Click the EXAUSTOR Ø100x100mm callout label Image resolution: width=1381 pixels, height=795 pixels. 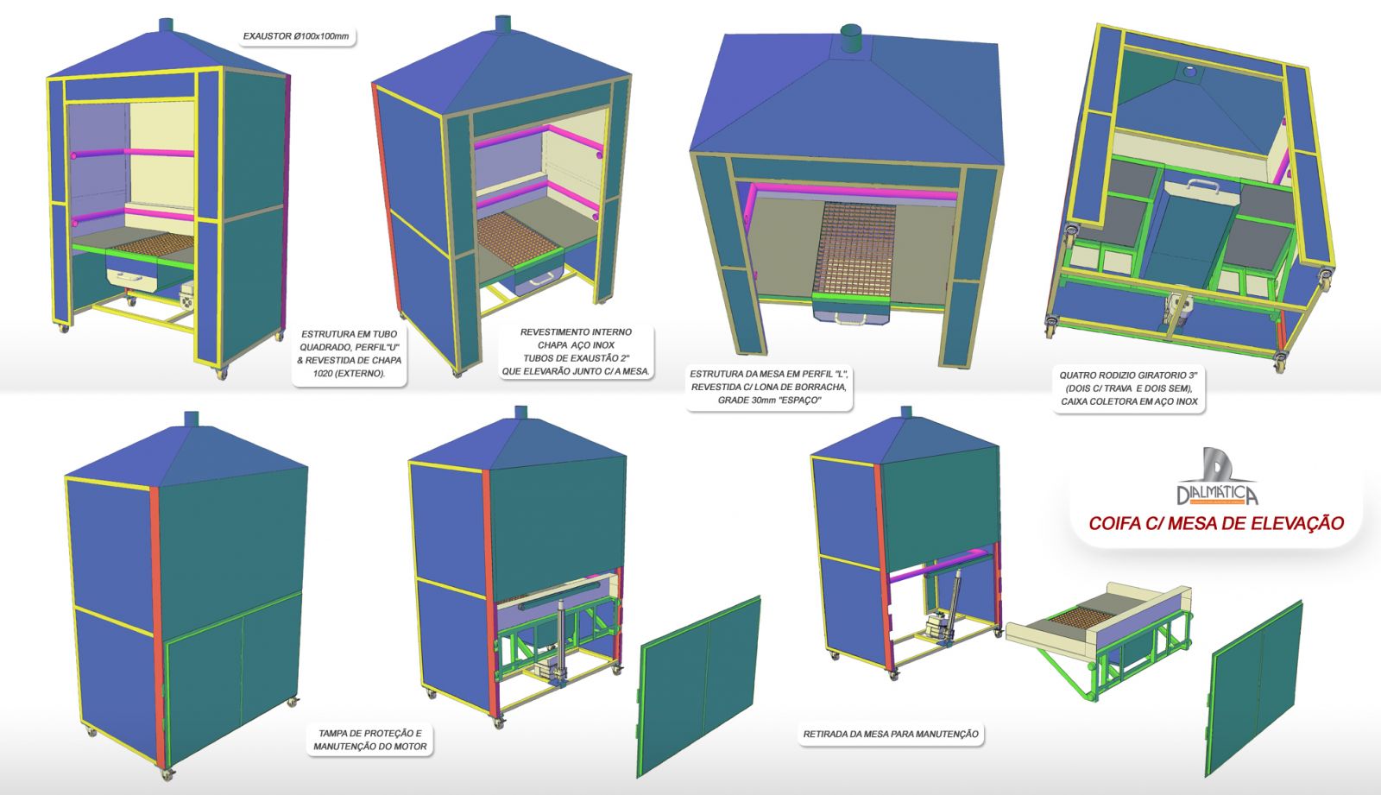click(296, 37)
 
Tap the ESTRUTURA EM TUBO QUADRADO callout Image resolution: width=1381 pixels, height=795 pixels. click(349, 353)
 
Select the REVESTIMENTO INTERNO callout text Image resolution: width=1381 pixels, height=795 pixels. click(576, 351)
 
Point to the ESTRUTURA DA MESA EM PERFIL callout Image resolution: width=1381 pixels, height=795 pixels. click(769, 387)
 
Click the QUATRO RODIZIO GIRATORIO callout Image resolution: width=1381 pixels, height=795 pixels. click(1130, 388)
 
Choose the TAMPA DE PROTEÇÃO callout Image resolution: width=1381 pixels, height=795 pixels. click(369, 739)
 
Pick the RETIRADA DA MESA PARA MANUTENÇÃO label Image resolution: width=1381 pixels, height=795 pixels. click(891, 734)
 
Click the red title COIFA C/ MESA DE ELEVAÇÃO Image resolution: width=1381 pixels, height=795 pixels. click(1216, 523)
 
